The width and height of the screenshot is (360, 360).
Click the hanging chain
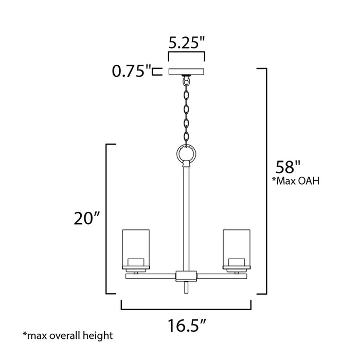(x=186, y=111)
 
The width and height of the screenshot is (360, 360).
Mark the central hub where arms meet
(x=186, y=275)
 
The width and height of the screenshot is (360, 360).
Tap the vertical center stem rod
(x=186, y=216)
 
